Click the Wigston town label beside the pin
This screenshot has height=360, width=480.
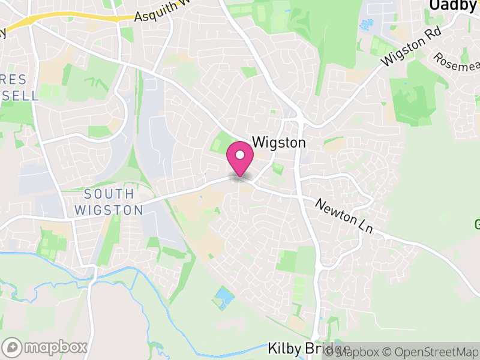pyautogui.click(x=280, y=143)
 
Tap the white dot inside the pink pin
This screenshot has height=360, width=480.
pyautogui.click(x=240, y=155)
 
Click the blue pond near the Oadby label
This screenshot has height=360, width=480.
pyautogui.click(x=365, y=25)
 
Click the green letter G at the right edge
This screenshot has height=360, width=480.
pyautogui.click(x=477, y=225)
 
